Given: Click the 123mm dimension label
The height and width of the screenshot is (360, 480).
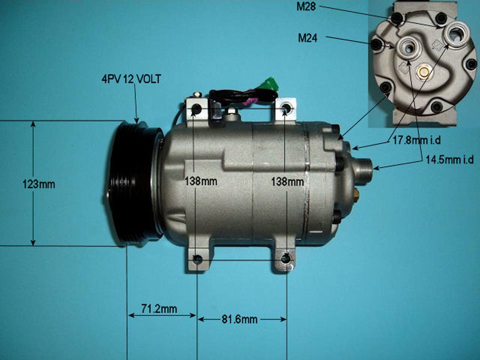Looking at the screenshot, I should [39, 184].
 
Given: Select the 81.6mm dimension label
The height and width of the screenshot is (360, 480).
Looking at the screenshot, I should [239, 319].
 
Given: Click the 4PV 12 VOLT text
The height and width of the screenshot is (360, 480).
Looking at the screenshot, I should [131, 79].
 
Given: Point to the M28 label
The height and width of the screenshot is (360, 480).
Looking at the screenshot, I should [306, 7].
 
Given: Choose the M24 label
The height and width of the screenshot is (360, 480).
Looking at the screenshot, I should [307, 38].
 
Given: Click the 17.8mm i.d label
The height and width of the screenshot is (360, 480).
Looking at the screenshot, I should [416, 140].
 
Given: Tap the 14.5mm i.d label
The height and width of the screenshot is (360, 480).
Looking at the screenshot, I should [449, 160].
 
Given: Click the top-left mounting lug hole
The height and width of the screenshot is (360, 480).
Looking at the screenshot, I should [196, 109].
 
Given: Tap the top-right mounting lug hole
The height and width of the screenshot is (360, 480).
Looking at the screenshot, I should [286, 108].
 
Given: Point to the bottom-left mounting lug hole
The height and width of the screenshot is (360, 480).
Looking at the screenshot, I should [197, 259].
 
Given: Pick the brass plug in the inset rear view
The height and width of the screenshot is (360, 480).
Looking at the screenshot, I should [423, 71].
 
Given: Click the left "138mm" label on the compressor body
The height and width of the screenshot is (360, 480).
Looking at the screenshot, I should [201, 181].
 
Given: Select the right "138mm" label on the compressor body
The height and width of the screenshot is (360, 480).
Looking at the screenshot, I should [287, 182].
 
